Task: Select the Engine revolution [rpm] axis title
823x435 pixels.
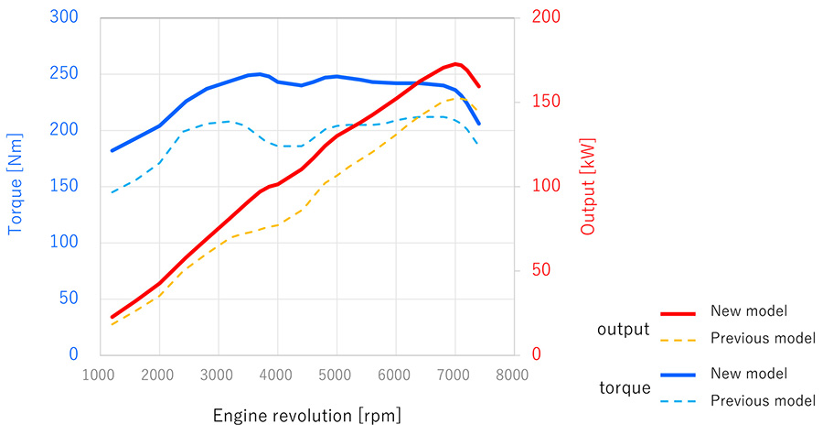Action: click(x=306, y=416)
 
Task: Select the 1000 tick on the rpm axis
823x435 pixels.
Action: click(x=100, y=374)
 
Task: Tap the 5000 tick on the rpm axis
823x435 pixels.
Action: click(x=337, y=374)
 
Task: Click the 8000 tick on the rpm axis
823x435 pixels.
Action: click(x=514, y=374)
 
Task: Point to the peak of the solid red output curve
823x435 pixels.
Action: click(x=456, y=63)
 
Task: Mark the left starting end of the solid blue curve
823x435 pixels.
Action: click(x=112, y=150)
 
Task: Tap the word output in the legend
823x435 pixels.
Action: click(x=623, y=330)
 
